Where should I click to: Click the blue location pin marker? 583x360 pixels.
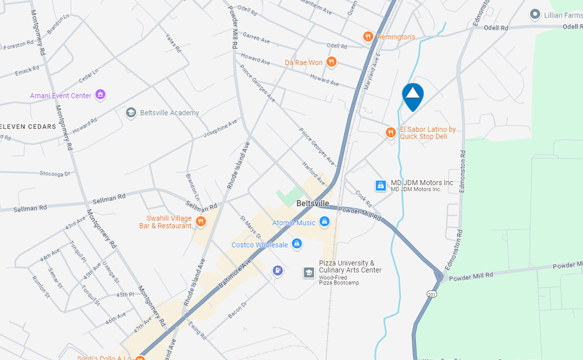pos(412,96)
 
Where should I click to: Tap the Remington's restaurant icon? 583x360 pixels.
pos(368,37)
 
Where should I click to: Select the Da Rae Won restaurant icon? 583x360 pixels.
pos(332,62)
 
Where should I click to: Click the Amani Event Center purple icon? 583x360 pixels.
pos(100,95)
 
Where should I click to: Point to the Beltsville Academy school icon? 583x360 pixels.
pos(131,113)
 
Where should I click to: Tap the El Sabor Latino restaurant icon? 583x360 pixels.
pos(390,132)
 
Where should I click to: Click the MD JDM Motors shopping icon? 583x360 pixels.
pos(381,186)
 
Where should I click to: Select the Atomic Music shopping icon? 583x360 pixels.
pos(324,222)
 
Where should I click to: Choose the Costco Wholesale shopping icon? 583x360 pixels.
pos(297,244)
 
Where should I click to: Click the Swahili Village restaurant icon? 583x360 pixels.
pos(201,222)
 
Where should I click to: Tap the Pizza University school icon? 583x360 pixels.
pos(309,272)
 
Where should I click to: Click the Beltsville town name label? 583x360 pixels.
pos(313,203)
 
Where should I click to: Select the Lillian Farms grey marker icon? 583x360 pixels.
pos(535,15)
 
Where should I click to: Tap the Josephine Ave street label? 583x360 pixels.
pos(220,128)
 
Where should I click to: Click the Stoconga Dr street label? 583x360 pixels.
pos(55,174)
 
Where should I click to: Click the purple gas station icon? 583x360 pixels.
pos(278,271)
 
